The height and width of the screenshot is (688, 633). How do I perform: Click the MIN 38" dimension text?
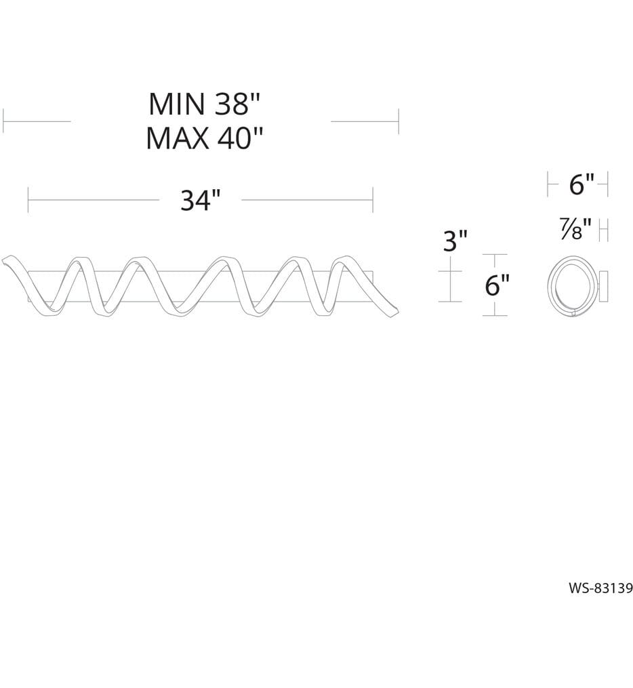click(x=205, y=104)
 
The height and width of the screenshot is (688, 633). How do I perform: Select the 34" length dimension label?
click(x=200, y=200)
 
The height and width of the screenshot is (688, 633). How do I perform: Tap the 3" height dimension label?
click(x=455, y=241)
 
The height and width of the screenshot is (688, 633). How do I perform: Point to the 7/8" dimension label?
click(x=576, y=229)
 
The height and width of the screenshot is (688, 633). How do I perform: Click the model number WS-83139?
click(x=600, y=588)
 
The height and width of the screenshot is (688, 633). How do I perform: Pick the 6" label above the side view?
click(x=581, y=184)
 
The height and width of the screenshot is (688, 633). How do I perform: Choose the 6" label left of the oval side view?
click(x=497, y=285)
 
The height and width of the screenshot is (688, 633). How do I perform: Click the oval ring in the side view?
click(x=549, y=286)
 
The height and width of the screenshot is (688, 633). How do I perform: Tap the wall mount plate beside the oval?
click(x=603, y=287)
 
